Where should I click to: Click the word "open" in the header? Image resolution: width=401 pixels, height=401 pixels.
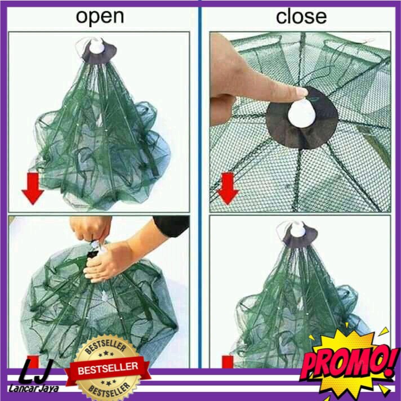tap(100, 17)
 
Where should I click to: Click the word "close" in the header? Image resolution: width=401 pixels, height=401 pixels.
tap(301, 17)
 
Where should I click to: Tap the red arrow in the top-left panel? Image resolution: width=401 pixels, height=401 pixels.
tap(33, 188)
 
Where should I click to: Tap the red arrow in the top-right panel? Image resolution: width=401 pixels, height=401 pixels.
tap(228, 188)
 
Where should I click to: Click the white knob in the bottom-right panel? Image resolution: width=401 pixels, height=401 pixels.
tap(298, 229)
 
